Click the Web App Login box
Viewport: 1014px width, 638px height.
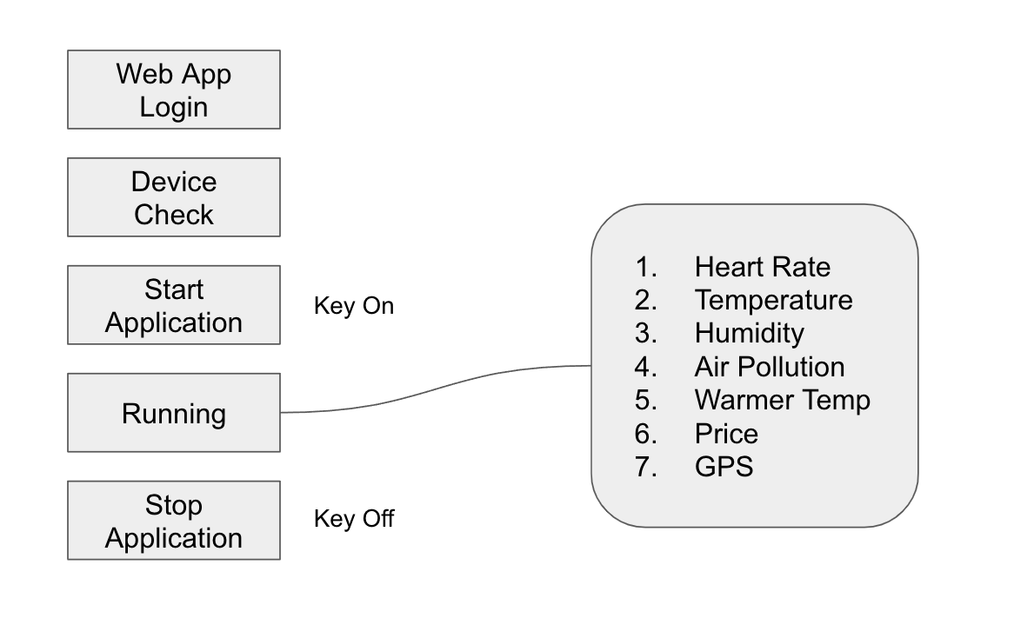pyautogui.click(x=174, y=90)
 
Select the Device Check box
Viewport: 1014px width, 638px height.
pyautogui.click(x=174, y=197)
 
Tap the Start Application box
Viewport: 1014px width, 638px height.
pyautogui.click(x=174, y=305)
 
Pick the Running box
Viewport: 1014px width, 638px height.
pyautogui.click(x=174, y=413)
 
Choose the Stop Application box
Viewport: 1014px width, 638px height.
pyautogui.click(x=174, y=521)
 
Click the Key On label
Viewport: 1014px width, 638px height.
pyautogui.click(x=353, y=307)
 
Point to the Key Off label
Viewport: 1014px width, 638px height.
pyautogui.click(x=353, y=519)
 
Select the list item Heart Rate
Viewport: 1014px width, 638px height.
pyautogui.click(x=762, y=267)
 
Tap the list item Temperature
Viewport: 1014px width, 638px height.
pyautogui.click(x=773, y=300)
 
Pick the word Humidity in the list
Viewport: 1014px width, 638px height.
pyautogui.click(x=749, y=333)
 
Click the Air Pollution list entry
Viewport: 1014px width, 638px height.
pyautogui.click(x=769, y=367)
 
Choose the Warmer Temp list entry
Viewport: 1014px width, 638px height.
pyautogui.click(x=782, y=400)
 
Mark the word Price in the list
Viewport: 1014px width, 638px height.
pyautogui.click(x=726, y=433)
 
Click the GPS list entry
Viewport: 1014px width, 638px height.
pyautogui.click(x=724, y=467)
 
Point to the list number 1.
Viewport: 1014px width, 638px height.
pyautogui.click(x=644, y=267)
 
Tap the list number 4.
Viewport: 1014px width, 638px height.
pyautogui.click(x=644, y=367)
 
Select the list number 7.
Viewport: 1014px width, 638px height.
pyautogui.click(x=644, y=467)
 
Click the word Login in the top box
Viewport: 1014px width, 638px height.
pyautogui.click(x=174, y=107)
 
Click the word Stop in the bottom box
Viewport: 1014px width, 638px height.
pyautogui.click(x=174, y=504)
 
